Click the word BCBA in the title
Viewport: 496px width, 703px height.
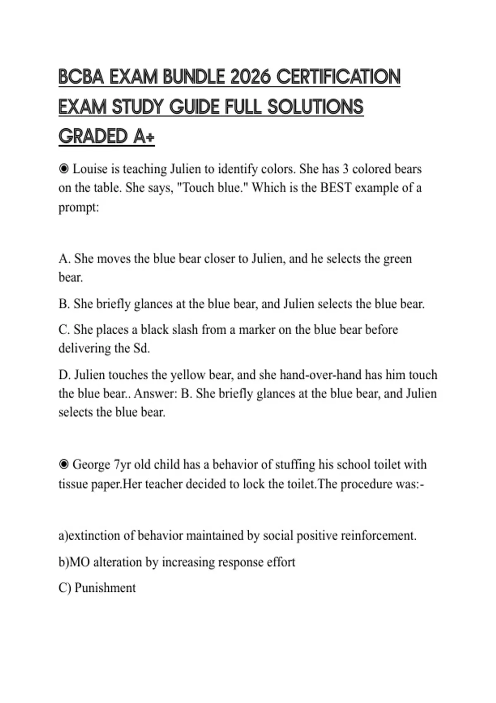[x=81, y=77]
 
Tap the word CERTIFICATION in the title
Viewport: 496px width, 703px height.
[x=338, y=77]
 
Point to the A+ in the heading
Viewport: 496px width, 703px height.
[x=144, y=136]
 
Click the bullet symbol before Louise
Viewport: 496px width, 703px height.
[x=64, y=169]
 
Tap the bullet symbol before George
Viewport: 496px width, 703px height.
[x=64, y=464]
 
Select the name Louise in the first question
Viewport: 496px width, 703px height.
[x=91, y=169]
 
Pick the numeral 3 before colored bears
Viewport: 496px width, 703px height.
[x=346, y=169]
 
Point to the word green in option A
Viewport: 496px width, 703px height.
[x=398, y=259]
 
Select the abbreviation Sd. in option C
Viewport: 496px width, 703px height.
[x=141, y=348]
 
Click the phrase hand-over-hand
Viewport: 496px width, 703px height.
[x=331, y=375]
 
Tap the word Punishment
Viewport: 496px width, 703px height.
[x=105, y=588]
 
